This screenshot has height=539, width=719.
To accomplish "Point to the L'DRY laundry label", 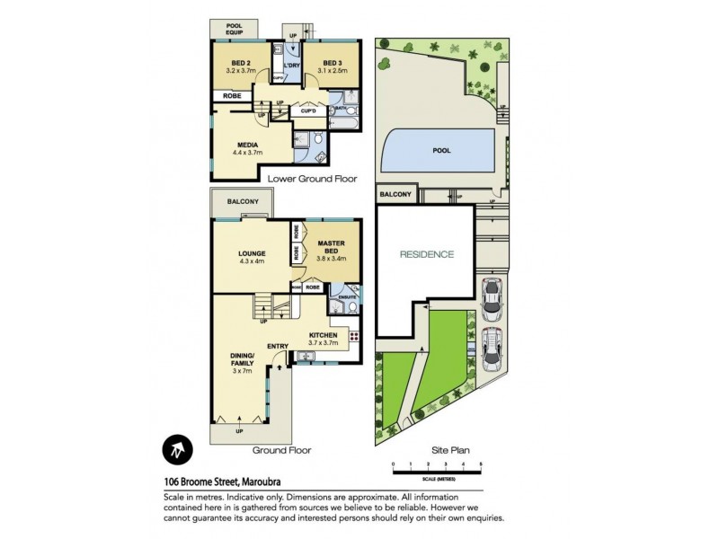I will pos(290,66).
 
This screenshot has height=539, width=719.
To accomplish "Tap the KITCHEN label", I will pos(322,336).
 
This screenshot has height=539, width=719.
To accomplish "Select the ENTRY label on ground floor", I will pos(277,345).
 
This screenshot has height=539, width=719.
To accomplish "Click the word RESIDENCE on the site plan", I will pos(427,254).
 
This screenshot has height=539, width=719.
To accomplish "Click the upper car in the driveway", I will pos(491,299).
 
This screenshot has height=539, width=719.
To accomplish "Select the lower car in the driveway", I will pos(491,348).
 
